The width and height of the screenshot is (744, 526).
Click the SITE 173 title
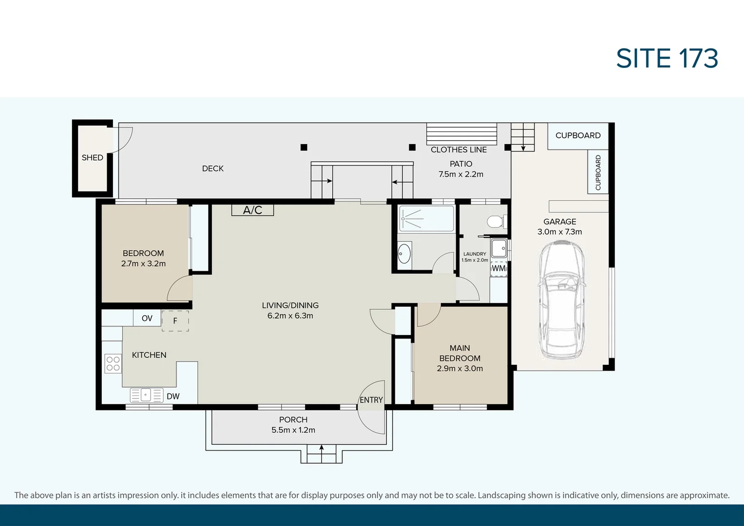[667, 58]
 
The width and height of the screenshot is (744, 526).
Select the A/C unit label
[252, 210]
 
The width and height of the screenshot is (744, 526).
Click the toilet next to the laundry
[496, 222]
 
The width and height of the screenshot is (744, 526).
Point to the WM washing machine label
[498, 268]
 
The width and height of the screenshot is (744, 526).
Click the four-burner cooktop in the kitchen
[113, 363]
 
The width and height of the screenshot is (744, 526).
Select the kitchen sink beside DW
[146, 395]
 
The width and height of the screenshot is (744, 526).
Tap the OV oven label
[147, 318]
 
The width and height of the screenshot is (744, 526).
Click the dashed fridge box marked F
[175, 321]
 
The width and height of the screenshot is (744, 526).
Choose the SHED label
[92, 157]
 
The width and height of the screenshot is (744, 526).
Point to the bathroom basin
[404, 254]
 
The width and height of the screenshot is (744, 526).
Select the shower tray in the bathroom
[426, 219]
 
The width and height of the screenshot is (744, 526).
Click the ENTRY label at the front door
[371, 400]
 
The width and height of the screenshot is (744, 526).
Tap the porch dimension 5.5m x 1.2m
[293, 430]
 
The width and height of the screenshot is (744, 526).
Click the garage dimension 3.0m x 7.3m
[559, 232]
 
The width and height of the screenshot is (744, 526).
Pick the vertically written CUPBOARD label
[598, 172]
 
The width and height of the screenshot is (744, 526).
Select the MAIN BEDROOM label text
[459, 353]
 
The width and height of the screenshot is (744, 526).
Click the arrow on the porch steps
[321, 448]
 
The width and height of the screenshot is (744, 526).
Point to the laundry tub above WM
[499, 248]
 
